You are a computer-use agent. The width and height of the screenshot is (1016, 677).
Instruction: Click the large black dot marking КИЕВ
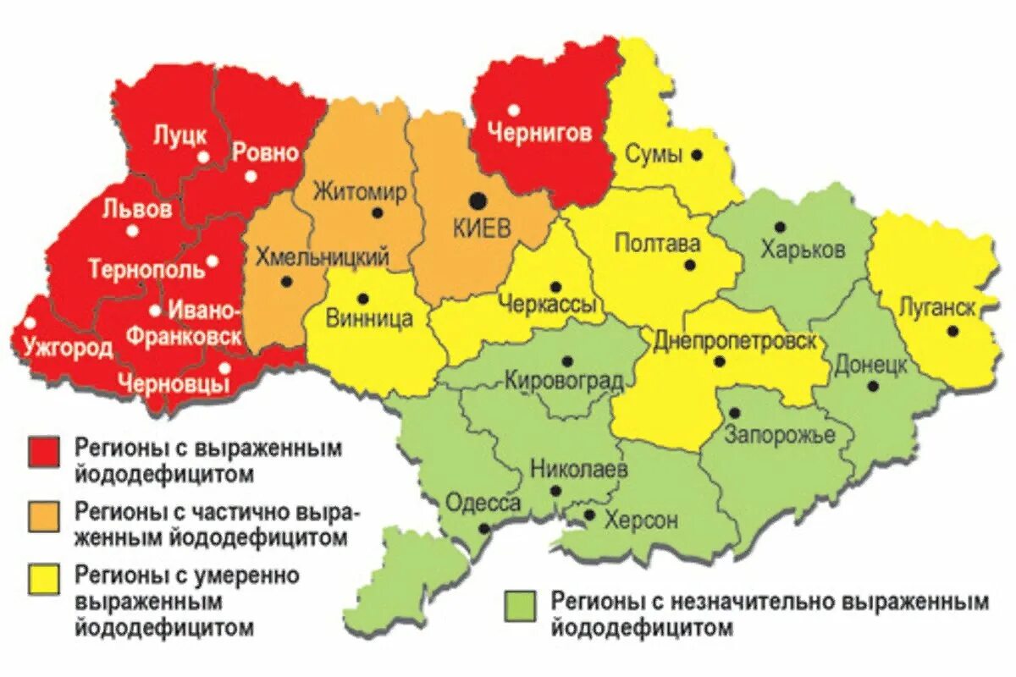(478, 200)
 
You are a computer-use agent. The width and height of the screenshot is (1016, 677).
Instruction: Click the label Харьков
(802, 250)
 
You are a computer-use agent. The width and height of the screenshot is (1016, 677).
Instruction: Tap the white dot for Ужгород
(30, 322)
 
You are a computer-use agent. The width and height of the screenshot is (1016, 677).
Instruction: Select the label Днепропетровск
(735, 341)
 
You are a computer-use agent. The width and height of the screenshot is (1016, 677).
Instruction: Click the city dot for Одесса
(483, 528)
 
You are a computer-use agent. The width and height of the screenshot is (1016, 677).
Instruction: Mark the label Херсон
(641, 520)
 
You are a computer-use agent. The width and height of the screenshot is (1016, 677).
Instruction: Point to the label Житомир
(360, 192)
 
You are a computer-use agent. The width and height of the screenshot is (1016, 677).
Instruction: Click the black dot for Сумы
(696, 155)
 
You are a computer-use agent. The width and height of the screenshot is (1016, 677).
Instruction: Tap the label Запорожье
(780, 435)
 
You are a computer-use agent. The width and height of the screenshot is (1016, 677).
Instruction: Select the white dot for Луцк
(203, 157)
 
